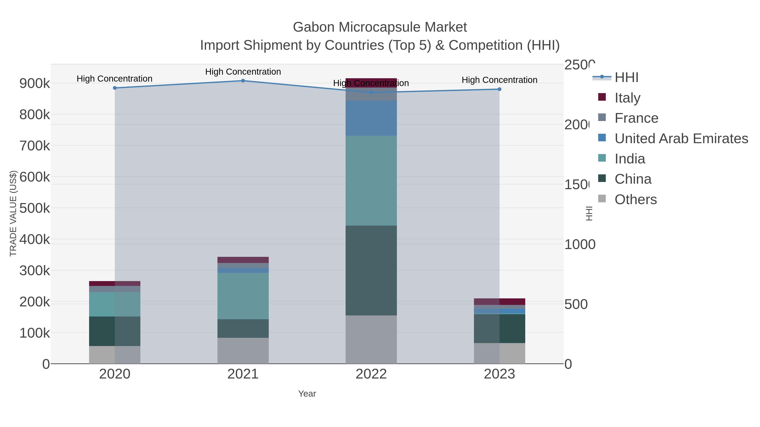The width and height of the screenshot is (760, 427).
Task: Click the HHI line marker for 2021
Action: (243, 81)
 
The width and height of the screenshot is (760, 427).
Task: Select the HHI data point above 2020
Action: (115, 88)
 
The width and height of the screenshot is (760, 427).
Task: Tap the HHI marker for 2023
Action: (499, 89)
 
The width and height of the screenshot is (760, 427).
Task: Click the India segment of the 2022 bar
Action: (371, 180)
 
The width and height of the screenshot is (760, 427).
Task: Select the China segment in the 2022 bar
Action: (371, 270)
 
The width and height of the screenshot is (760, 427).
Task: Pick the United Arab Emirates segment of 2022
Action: (371, 118)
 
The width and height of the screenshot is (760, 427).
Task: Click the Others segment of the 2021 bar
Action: (243, 350)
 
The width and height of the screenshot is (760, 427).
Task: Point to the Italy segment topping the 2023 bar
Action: (499, 302)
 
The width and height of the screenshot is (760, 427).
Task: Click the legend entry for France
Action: (636, 118)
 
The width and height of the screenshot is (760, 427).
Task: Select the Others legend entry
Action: (635, 199)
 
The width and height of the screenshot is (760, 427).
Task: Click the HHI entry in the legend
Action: (626, 78)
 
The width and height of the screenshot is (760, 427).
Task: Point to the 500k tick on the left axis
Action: (35, 208)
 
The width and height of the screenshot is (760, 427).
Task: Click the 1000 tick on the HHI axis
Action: (579, 244)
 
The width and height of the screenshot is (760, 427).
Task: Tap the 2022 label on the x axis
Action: (371, 374)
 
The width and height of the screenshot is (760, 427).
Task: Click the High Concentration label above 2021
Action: (243, 72)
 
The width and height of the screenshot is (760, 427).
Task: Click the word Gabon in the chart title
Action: (313, 27)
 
